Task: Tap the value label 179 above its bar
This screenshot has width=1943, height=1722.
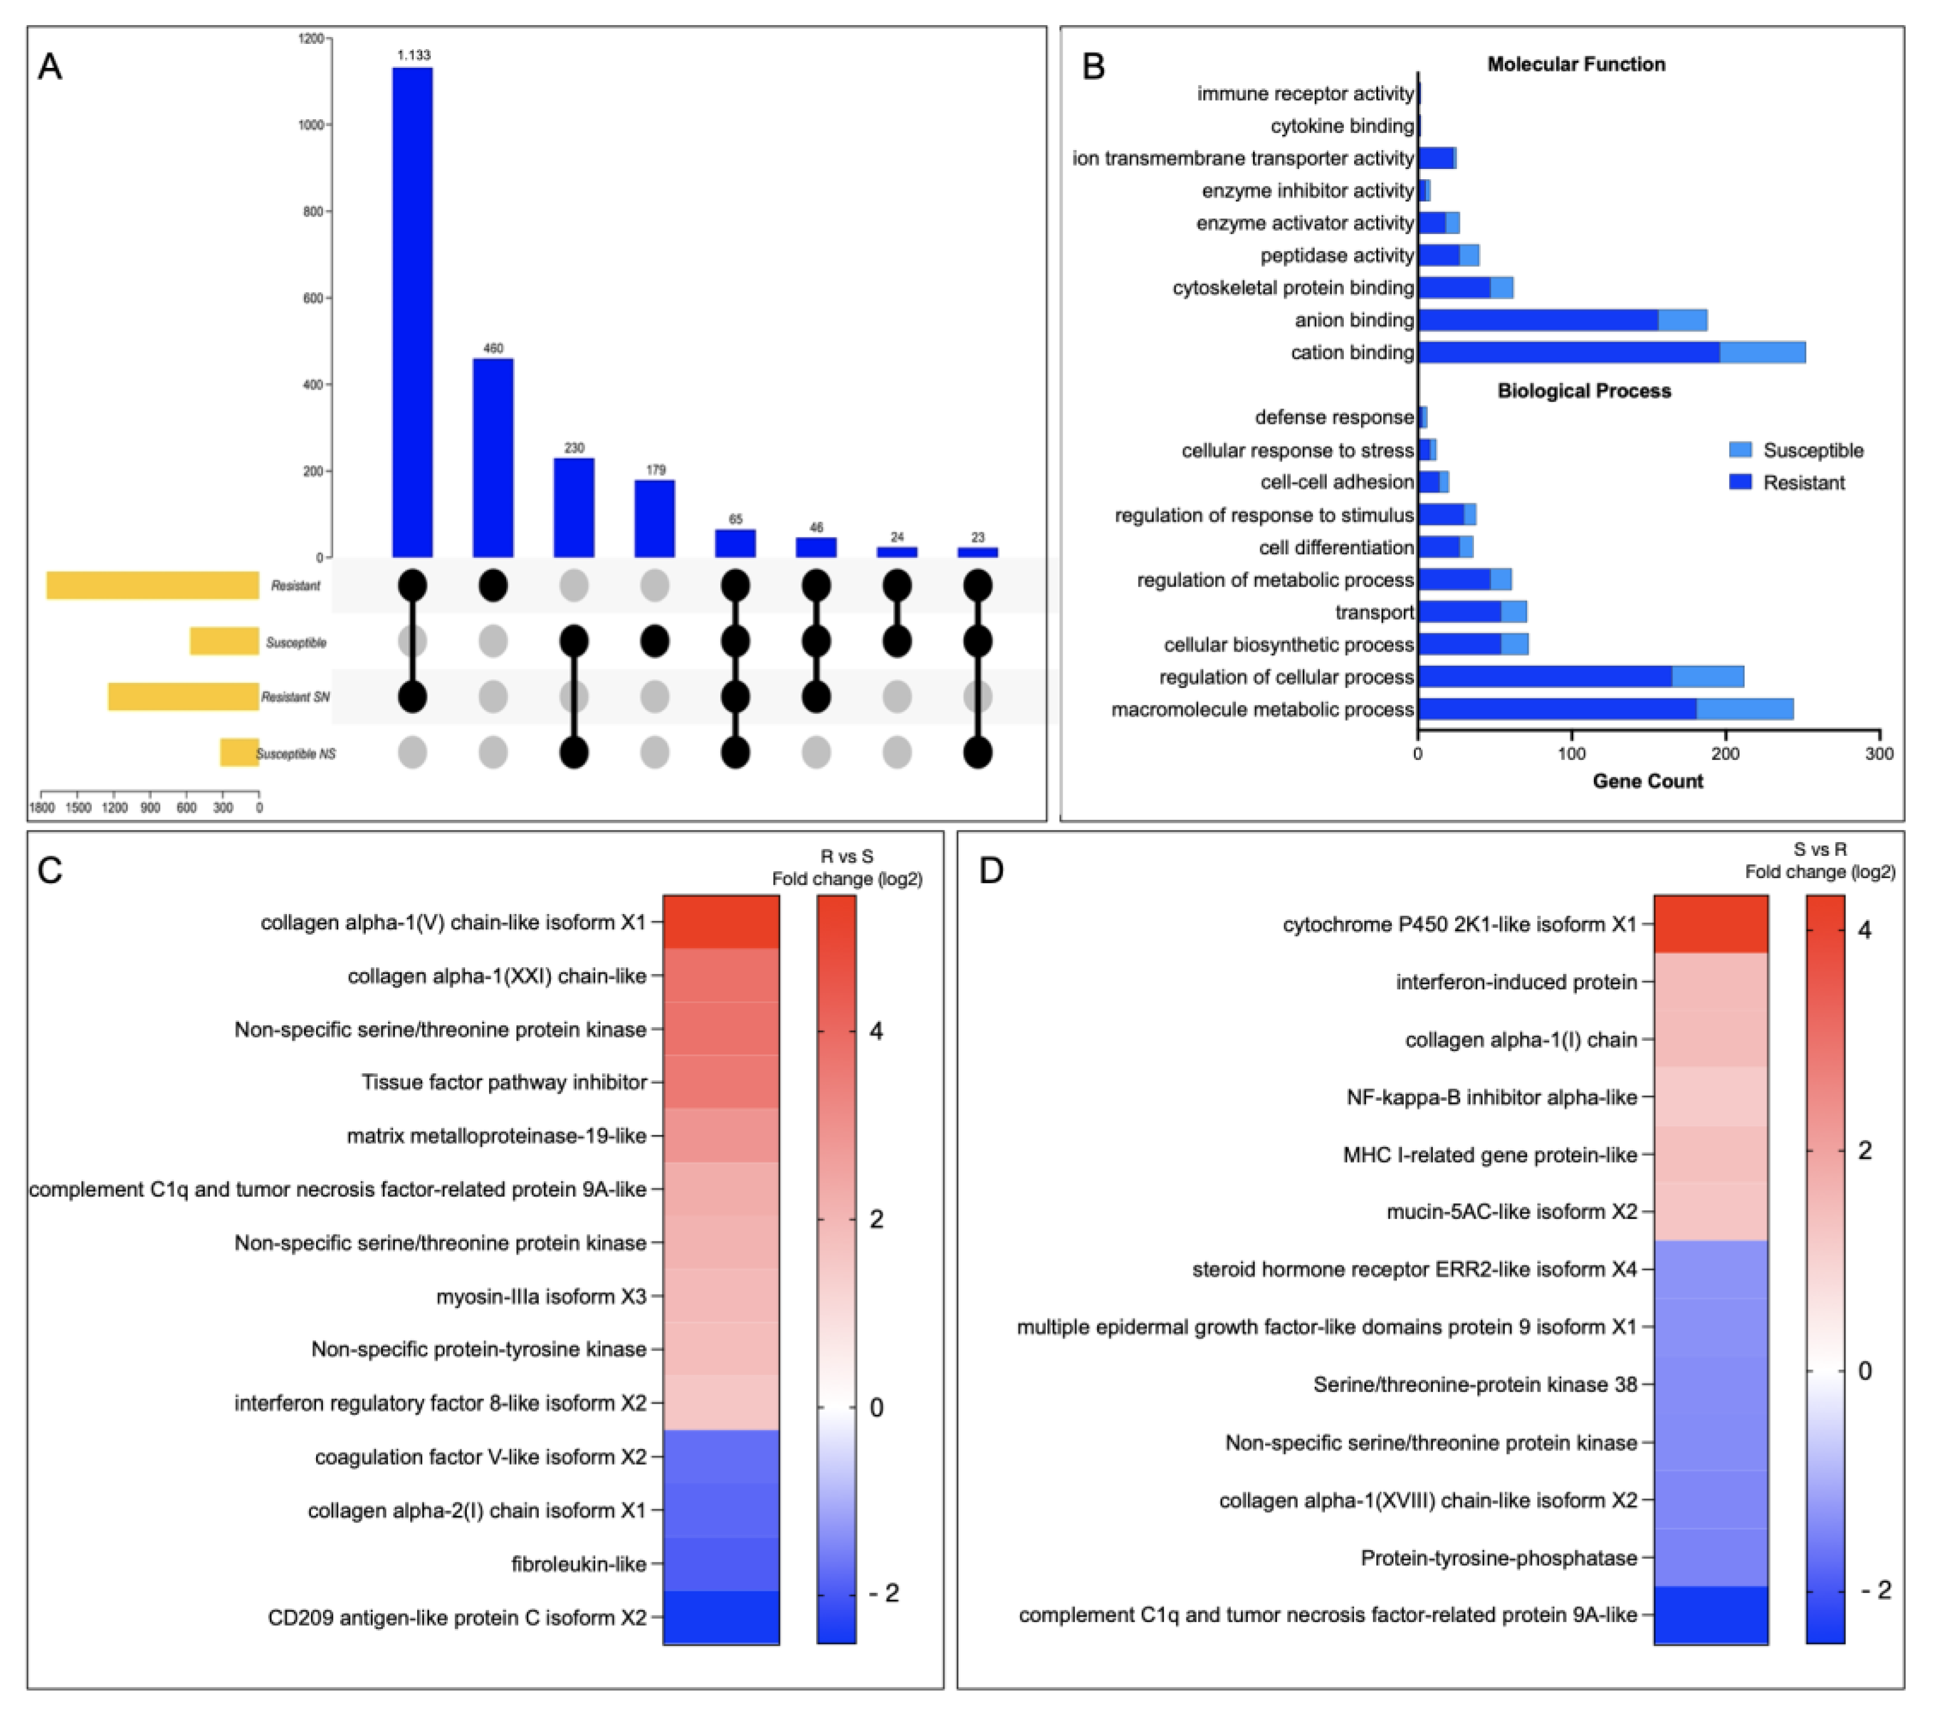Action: click(655, 470)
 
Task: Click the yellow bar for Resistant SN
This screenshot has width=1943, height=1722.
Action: click(184, 697)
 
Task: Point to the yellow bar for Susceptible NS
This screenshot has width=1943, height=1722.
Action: click(240, 753)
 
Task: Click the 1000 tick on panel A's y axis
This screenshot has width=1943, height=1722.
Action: click(312, 124)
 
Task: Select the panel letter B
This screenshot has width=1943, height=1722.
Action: click(1093, 67)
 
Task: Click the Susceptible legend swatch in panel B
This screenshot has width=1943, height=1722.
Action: click(1740, 450)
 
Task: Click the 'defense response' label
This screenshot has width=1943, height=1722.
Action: click(1333, 417)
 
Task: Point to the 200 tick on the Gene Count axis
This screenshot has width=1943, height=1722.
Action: click(1726, 754)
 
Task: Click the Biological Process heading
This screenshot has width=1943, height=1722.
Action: click(1584, 391)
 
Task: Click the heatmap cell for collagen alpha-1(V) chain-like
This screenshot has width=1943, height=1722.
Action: click(721, 922)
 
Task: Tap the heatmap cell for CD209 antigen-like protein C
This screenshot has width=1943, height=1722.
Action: click(721, 1618)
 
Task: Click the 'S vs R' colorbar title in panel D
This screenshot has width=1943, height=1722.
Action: click(1819, 850)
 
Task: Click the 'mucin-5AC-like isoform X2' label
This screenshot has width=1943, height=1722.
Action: click(1512, 1212)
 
